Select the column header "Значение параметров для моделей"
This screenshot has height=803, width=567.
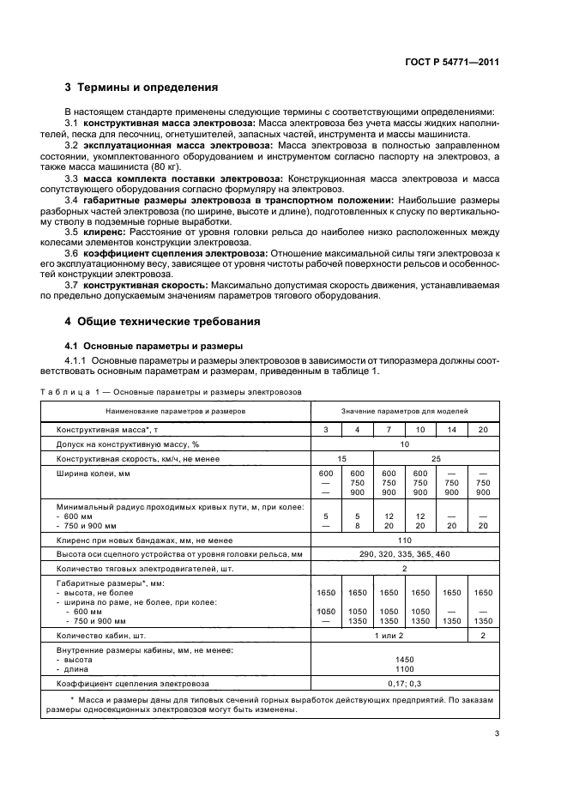pyautogui.click(x=402, y=411)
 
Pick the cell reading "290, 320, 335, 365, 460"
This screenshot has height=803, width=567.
pyautogui.click(x=403, y=553)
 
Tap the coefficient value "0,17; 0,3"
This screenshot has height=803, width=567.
pyautogui.click(x=403, y=683)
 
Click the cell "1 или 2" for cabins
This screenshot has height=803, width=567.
pyautogui.click(x=389, y=636)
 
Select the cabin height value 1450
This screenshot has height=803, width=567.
pyautogui.click(x=403, y=659)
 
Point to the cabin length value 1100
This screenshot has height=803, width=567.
pyautogui.click(x=403, y=668)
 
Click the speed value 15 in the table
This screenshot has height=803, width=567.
pyautogui.click(x=342, y=459)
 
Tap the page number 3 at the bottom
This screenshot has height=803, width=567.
pyautogui.click(x=497, y=734)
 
